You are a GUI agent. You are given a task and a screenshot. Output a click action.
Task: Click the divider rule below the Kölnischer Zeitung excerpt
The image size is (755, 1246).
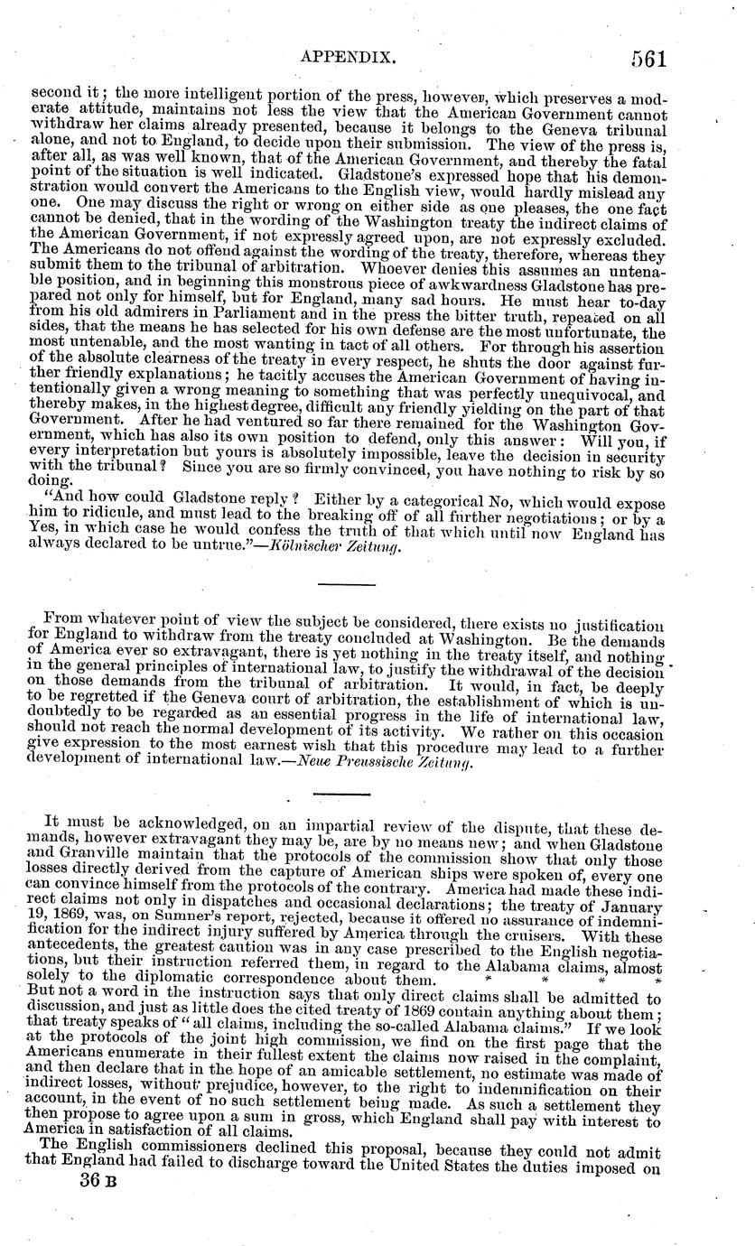[347, 585]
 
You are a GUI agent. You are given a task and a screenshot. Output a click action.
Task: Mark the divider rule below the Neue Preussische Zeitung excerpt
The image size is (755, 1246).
[347, 795]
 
